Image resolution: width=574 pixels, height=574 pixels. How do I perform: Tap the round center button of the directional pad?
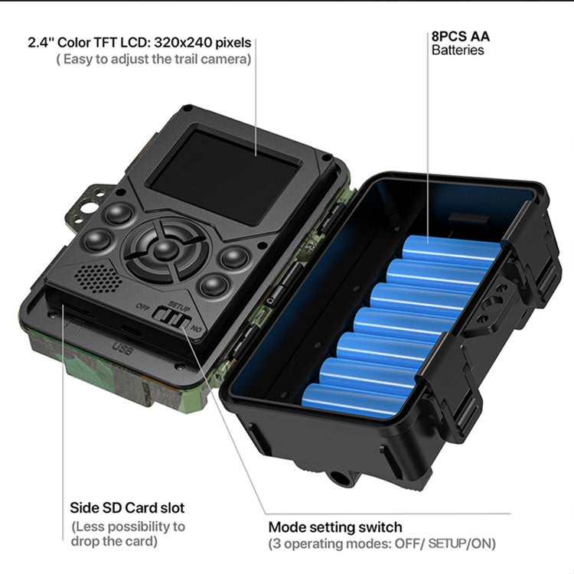click(x=165, y=250)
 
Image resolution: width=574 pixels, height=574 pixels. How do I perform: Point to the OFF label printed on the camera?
click(x=142, y=307)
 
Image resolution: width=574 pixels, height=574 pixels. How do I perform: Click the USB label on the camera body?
click(x=122, y=348)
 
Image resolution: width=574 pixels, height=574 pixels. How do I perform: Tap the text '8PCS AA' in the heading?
click(x=460, y=36)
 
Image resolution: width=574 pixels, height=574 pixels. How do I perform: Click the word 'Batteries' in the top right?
click(x=458, y=51)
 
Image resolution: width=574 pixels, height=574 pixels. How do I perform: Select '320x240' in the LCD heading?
click(x=183, y=42)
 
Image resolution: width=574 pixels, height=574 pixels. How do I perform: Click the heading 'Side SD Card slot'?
click(x=127, y=507)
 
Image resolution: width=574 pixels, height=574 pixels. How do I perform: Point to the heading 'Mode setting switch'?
click(x=335, y=527)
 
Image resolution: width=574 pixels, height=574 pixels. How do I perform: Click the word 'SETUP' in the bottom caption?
click(x=446, y=543)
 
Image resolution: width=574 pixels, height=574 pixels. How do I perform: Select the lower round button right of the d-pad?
click(x=214, y=285)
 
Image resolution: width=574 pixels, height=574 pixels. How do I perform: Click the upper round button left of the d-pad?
click(x=119, y=214)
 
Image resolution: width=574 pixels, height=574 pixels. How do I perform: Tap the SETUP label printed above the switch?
click(x=179, y=306)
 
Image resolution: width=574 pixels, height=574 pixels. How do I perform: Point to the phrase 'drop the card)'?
click(x=114, y=541)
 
